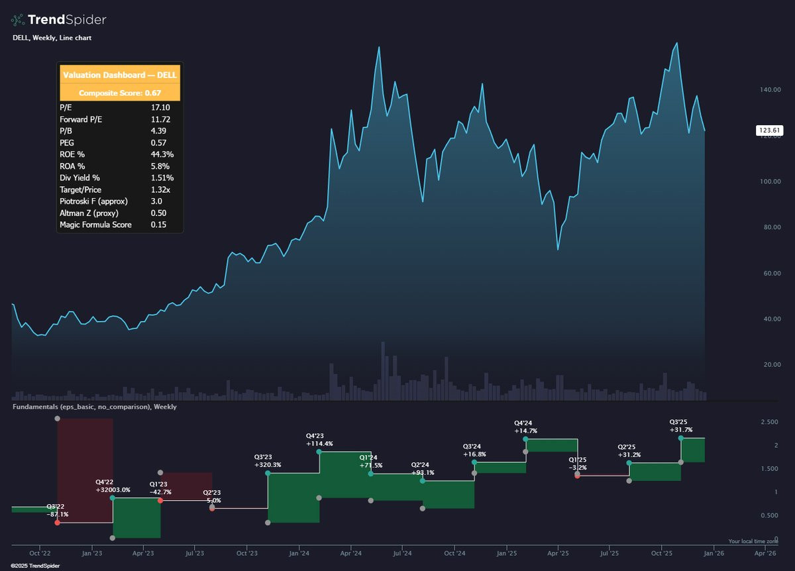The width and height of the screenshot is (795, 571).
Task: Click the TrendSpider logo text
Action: (x=66, y=20)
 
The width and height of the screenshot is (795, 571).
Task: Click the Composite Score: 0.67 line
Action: (x=120, y=93)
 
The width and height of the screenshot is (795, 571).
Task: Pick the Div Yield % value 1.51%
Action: (x=163, y=178)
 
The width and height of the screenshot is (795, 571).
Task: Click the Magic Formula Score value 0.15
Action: (x=159, y=225)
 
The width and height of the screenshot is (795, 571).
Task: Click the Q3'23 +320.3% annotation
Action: (x=268, y=460)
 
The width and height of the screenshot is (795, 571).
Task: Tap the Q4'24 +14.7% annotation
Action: (x=525, y=427)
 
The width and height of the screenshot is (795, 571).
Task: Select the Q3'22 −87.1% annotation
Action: (x=57, y=510)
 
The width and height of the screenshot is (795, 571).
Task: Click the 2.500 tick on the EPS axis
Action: (x=769, y=422)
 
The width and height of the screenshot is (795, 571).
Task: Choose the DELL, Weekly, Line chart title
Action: (x=52, y=38)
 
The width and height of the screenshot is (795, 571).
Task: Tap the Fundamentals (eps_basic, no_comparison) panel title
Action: (x=95, y=407)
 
